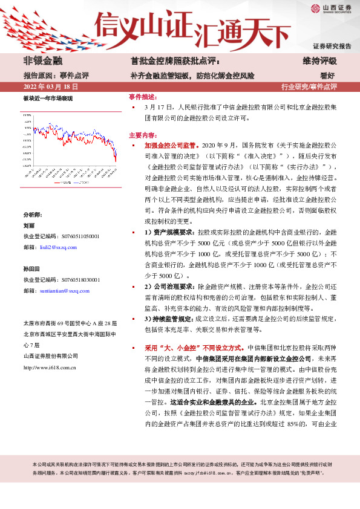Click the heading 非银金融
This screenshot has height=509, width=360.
tap(42, 61)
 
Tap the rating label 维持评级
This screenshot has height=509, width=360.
tap(319, 61)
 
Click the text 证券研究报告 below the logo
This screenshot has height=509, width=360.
tap(332, 46)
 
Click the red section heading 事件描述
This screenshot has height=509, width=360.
tap(143, 97)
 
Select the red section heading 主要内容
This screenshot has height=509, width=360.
tap(143, 135)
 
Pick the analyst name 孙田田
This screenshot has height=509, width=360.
tap(31, 268)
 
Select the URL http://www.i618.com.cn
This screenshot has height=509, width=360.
tap(49, 366)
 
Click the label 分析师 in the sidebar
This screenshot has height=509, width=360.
tap(33, 215)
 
